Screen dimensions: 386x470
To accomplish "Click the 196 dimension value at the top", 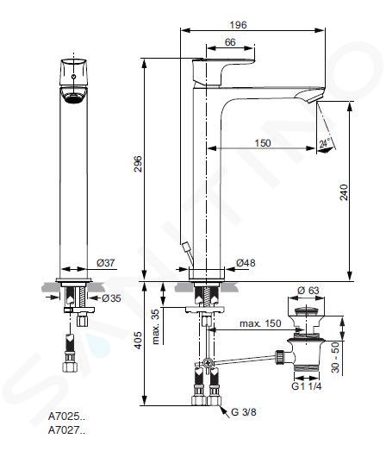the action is point(238,25).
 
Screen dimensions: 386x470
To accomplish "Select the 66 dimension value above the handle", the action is point(230,42).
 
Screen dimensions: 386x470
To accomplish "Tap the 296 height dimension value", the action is point(138,164).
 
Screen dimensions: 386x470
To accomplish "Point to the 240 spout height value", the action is point(345,192).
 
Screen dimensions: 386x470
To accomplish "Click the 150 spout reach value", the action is point(263,143).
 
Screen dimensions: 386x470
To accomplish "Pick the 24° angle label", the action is point(324,143).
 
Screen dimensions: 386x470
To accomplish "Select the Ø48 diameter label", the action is point(246,263).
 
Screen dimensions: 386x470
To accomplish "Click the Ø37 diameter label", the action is point(105,263).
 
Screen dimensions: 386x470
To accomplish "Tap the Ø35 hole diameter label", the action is point(111,298).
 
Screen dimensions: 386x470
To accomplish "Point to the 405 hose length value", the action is point(138,340).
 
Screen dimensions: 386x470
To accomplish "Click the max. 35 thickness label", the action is point(156,327).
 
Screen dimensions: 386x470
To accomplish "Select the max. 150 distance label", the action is point(260,323).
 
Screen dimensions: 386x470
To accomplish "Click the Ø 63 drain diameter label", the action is point(308,290).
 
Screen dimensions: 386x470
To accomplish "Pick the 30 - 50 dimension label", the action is point(336,357).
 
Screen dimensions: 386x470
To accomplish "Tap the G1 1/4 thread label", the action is point(307,386).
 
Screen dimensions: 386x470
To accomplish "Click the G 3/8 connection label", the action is point(244,412).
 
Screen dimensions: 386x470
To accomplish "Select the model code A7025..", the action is point(66,417).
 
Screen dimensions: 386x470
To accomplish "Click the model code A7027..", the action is point(66,430).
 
